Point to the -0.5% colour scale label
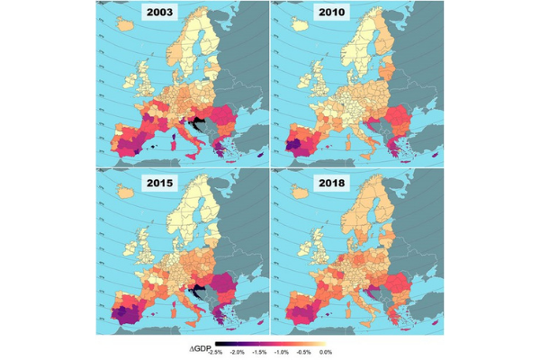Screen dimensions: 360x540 pos(304,352)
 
